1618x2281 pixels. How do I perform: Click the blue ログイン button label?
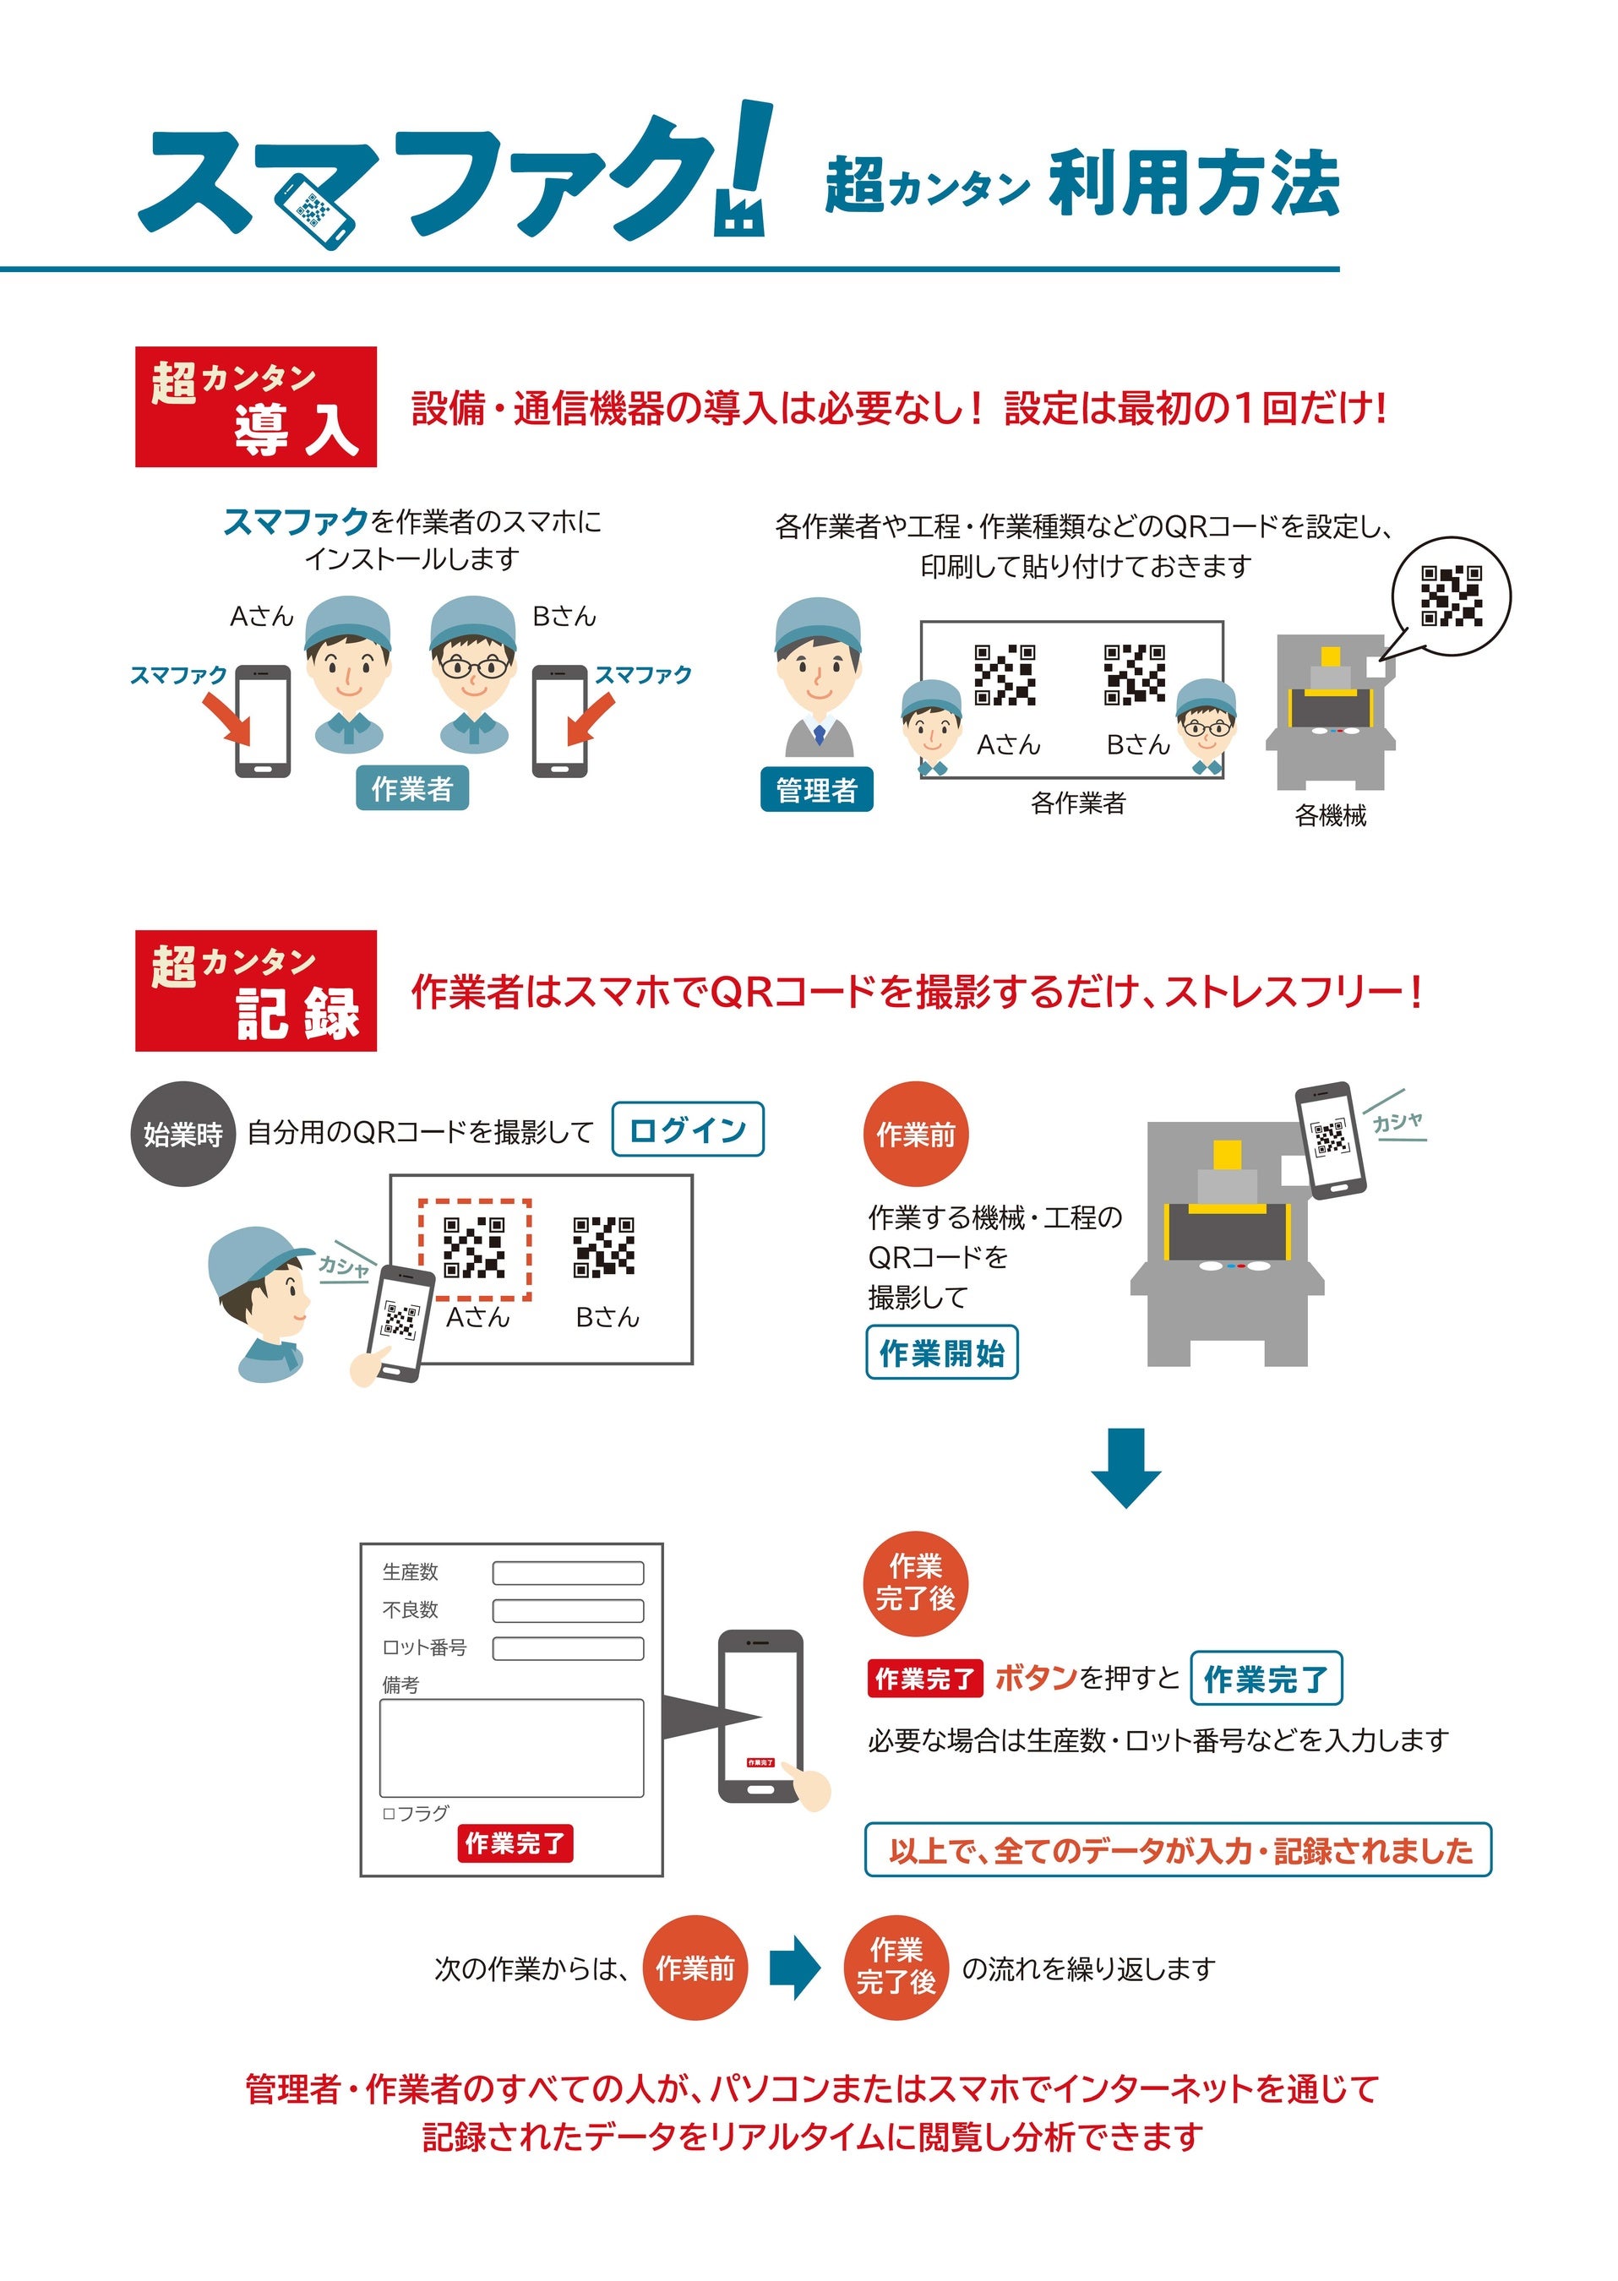tap(688, 1129)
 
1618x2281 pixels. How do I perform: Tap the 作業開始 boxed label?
tap(941, 1352)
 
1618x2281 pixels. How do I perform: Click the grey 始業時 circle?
tap(183, 1134)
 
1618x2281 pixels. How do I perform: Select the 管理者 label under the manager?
tap(817, 789)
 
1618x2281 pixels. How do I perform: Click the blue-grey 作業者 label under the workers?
tap(412, 788)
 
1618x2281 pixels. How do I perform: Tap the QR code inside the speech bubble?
tap(1451, 596)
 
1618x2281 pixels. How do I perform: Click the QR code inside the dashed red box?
tap(474, 1247)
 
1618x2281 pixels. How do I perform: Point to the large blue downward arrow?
tap(1125, 1468)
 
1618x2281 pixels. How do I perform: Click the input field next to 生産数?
tap(568, 1573)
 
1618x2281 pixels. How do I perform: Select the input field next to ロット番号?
tap(568, 1648)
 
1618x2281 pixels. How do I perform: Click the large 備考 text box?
tap(511, 1747)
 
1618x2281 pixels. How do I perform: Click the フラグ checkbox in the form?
tap(389, 1814)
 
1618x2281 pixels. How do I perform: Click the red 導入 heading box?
tap(256, 406)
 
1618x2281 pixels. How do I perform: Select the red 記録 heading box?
tap(256, 991)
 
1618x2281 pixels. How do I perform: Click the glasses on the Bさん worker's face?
tap(473, 667)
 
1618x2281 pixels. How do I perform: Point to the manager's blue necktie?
tap(819, 734)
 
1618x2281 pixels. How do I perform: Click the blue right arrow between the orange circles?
tap(795, 1968)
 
